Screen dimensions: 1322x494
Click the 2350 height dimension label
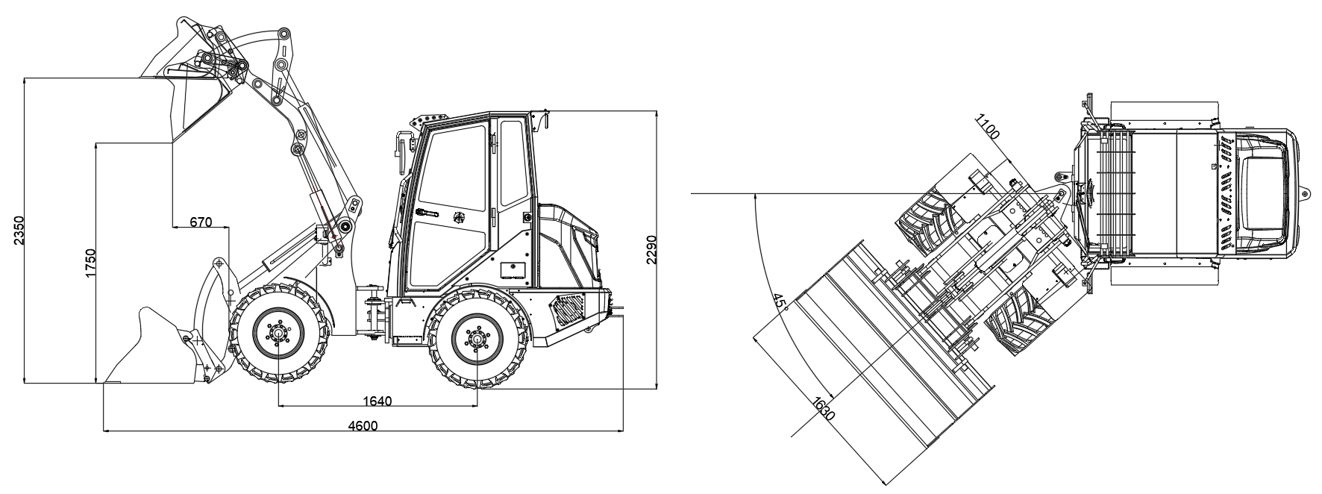[19, 231]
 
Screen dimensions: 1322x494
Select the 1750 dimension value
[91, 263]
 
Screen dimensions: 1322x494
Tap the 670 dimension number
[201, 222]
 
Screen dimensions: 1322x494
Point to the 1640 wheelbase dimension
[377, 401]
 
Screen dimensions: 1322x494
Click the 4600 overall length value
[363, 425]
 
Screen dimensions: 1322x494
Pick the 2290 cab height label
[651, 251]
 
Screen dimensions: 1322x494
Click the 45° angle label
[781, 302]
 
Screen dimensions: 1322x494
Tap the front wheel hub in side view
[278, 335]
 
